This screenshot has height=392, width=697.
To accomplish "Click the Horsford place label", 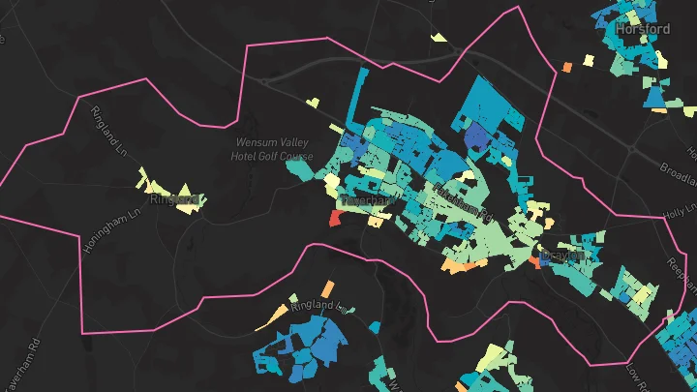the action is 642,29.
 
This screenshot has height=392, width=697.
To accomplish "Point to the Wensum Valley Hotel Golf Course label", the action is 274,149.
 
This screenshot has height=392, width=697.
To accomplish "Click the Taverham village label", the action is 366,200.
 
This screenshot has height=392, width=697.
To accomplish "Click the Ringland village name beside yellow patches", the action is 174,199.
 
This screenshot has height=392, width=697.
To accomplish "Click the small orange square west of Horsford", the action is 566,66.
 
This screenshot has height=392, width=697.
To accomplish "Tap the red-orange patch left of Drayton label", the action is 534,261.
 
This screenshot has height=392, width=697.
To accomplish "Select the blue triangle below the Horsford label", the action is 655,95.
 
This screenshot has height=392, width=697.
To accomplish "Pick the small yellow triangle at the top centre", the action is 439,38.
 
